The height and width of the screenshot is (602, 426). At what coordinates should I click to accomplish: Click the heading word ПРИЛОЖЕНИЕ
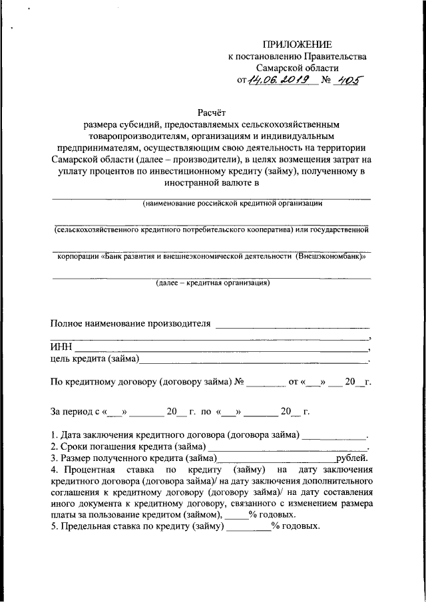point(297,45)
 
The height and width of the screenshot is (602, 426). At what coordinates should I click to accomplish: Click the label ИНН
point(62,347)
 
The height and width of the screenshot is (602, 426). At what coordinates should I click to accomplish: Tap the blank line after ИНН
point(220,348)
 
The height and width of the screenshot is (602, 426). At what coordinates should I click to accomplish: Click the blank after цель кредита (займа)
point(253,361)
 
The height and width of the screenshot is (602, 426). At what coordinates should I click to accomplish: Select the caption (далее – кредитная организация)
point(212,283)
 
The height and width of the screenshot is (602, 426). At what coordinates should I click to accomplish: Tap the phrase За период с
point(75,412)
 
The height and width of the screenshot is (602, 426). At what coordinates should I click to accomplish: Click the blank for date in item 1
point(333,436)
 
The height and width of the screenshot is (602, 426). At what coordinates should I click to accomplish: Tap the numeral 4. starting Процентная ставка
point(55,470)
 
